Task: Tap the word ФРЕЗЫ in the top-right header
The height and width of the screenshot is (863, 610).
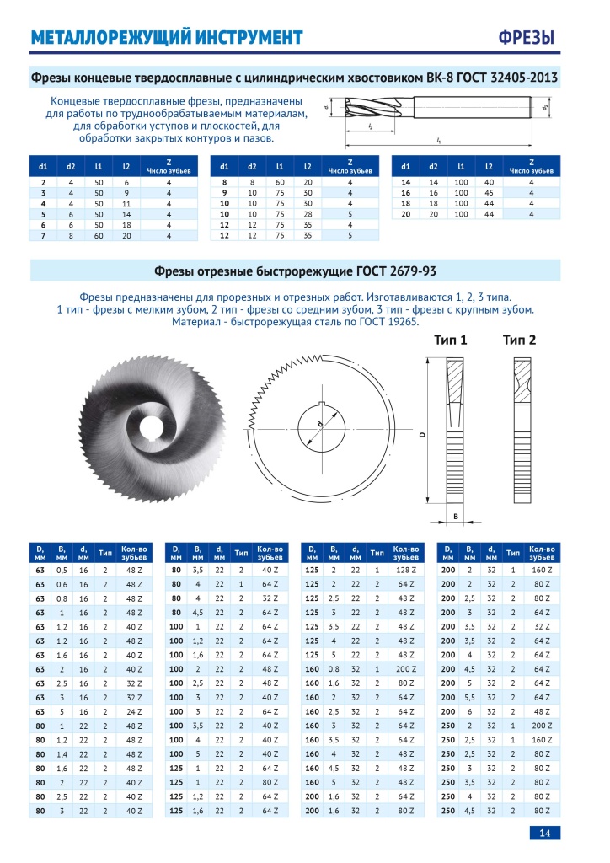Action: [x=527, y=38]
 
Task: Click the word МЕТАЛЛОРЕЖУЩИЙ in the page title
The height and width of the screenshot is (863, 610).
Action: [x=107, y=38]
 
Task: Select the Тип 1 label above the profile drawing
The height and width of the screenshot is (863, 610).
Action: [x=451, y=340]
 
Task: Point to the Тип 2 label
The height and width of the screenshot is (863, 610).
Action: [x=520, y=340]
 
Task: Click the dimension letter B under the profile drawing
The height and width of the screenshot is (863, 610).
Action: [x=456, y=516]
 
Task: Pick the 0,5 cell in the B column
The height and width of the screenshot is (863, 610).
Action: [x=62, y=571]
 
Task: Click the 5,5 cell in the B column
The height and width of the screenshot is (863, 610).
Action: [x=469, y=696]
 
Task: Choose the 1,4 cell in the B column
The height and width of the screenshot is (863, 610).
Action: [x=62, y=752]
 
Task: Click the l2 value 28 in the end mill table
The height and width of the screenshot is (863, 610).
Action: [x=308, y=214]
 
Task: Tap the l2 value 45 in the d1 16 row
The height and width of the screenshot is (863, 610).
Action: [x=490, y=192]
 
